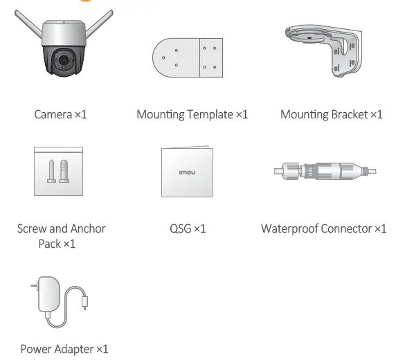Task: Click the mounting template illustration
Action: pyautogui.click(x=187, y=59)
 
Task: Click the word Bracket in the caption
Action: pyautogui.click(x=347, y=114)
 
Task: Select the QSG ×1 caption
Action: pyautogui.click(x=188, y=228)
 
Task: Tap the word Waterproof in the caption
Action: pyautogui.click(x=289, y=228)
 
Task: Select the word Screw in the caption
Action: pyautogui.click(x=32, y=228)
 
